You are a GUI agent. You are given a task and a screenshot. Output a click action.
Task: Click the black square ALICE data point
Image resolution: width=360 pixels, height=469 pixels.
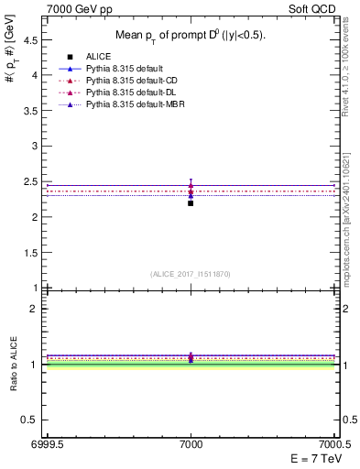[191, 202]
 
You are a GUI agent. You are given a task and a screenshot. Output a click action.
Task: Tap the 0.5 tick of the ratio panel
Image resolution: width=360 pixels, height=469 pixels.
[31, 420]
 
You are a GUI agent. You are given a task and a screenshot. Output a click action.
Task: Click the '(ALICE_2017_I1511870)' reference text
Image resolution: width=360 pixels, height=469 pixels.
[191, 274]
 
